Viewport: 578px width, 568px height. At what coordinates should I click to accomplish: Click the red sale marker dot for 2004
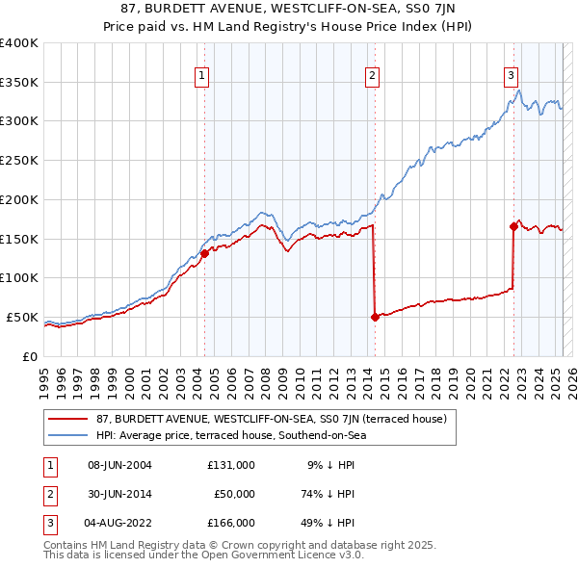click(x=204, y=254)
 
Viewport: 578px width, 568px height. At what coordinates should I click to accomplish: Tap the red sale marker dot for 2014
click(x=374, y=317)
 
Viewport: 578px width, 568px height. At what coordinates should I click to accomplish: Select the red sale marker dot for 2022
click(x=512, y=226)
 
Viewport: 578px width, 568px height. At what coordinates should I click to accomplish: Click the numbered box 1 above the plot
click(x=202, y=75)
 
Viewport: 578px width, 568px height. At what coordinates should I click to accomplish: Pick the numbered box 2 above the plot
click(x=372, y=75)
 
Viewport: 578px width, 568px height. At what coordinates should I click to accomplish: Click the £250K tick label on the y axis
click(x=19, y=160)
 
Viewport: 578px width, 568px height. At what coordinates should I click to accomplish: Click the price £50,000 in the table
click(x=234, y=494)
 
